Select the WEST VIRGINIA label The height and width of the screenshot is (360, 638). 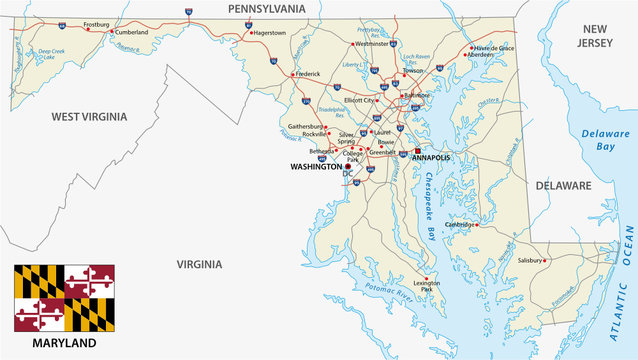tap(90, 116)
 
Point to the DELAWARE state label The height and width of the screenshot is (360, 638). tap(564, 185)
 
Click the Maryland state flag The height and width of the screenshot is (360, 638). tap(64, 298)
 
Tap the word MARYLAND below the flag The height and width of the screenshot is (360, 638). tap(64, 343)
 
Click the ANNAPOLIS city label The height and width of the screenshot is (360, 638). tap(430, 158)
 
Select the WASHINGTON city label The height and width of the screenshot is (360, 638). tap(316, 167)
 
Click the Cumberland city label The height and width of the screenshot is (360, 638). tap(131, 32)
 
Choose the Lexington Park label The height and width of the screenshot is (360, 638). tap(427, 286)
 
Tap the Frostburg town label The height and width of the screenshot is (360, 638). tap(97, 23)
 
